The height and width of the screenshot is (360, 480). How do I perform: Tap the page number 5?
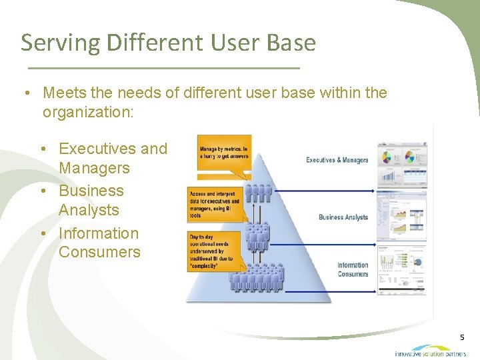pyautogui.click(x=462, y=337)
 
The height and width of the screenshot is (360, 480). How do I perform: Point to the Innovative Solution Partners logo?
pyautogui.click(x=430, y=351)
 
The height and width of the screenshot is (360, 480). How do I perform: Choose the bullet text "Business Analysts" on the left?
pyautogui.click(x=91, y=200)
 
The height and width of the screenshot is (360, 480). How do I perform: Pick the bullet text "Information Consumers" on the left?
pyautogui.click(x=99, y=243)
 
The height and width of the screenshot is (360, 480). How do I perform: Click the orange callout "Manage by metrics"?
pyautogui.click(x=224, y=153)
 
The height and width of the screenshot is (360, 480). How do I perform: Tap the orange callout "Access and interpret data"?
pyautogui.click(x=214, y=201)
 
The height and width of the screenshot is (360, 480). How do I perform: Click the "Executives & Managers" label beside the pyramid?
pyautogui.click(x=337, y=160)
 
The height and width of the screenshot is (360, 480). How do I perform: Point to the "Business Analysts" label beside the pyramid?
pyautogui.click(x=343, y=217)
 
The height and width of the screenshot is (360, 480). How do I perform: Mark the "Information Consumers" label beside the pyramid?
pyautogui.click(x=353, y=269)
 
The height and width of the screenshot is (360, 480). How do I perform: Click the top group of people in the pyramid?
pyautogui.click(x=258, y=193)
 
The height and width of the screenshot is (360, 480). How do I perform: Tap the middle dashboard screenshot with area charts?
pyautogui.click(x=402, y=215)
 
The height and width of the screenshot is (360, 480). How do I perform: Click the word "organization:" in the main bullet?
pyautogui.click(x=88, y=112)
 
